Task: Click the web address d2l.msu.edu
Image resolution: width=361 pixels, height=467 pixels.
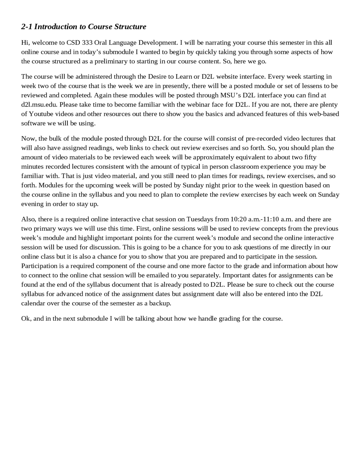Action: (39, 105)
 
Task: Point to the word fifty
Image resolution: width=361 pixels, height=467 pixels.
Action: (310, 157)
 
